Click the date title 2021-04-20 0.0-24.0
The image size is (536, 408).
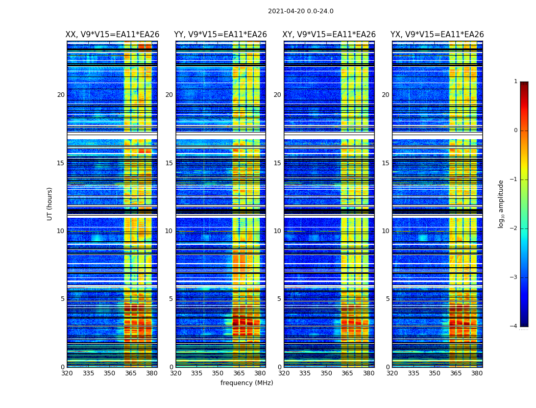click(x=301, y=11)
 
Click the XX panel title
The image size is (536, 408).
click(x=112, y=35)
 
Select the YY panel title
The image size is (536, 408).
click(x=221, y=35)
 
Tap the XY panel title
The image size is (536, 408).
click(x=329, y=35)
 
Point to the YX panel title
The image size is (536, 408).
click(x=437, y=35)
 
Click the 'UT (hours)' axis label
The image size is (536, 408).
click(x=50, y=203)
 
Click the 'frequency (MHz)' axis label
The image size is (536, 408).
click(x=247, y=383)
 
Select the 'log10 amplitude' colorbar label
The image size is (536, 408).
click(x=501, y=203)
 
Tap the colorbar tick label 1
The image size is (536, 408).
click(x=516, y=82)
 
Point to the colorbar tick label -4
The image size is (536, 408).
click(x=514, y=326)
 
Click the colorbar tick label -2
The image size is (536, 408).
click(x=514, y=228)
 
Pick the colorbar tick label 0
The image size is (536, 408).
click(x=516, y=131)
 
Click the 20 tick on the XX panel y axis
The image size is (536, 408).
click(x=61, y=95)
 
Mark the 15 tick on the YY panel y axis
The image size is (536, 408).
click(x=169, y=163)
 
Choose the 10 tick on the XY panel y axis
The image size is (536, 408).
click(x=277, y=231)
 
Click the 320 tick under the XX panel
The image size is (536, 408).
click(x=67, y=373)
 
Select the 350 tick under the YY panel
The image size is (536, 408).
click(x=218, y=373)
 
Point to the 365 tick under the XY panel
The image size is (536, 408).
click(x=347, y=373)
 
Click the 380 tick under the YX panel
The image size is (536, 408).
click(x=477, y=373)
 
